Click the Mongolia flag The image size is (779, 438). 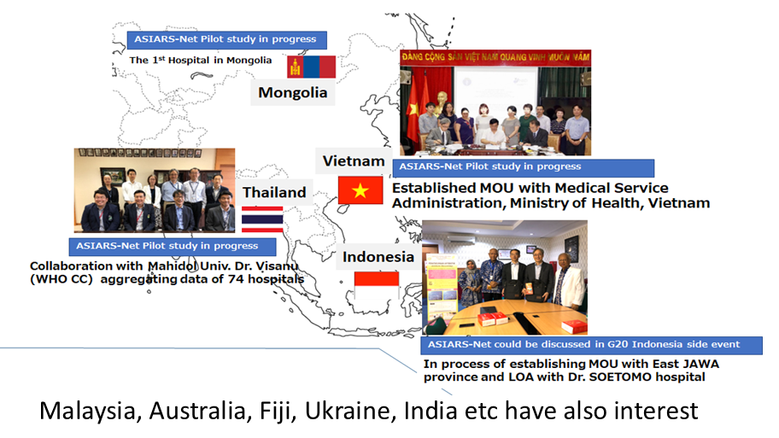tap(311, 67)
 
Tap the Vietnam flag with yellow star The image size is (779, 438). tap(360, 190)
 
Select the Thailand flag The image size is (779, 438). tap(262, 219)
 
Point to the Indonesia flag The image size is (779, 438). tap(376, 285)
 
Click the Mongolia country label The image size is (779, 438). tap(293, 93)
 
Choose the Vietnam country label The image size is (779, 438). tap(354, 161)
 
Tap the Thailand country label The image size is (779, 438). tap(274, 192)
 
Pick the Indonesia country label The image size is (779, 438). tap(378, 257)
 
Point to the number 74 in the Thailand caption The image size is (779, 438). tap(236, 279)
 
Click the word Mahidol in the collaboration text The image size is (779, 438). tap(172, 266)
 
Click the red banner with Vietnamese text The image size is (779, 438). tap(495, 56)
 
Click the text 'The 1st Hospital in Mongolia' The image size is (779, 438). tap(200, 60)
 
